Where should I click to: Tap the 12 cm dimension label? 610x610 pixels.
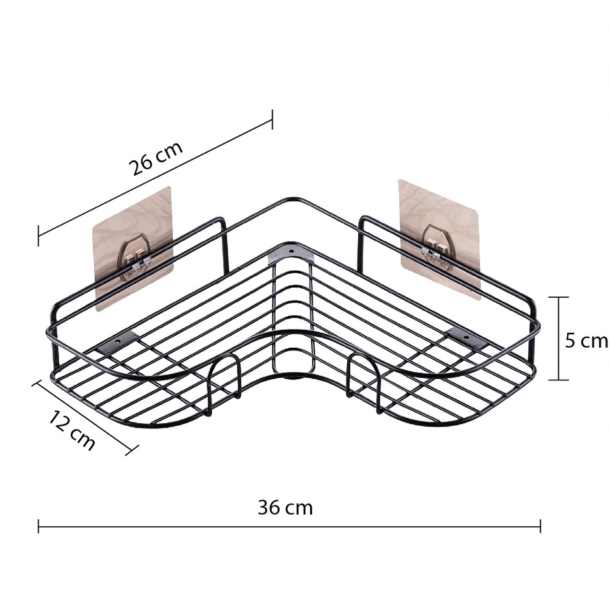pyautogui.click(x=72, y=431)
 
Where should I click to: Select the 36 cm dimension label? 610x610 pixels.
pyautogui.click(x=285, y=507)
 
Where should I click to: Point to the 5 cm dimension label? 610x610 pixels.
pyautogui.click(x=586, y=341)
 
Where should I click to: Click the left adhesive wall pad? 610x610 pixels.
pyautogui.click(x=133, y=249)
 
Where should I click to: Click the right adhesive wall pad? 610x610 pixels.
pyautogui.click(x=439, y=239)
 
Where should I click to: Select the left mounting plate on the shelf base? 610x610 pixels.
pyautogui.click(x=117, y=343)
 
